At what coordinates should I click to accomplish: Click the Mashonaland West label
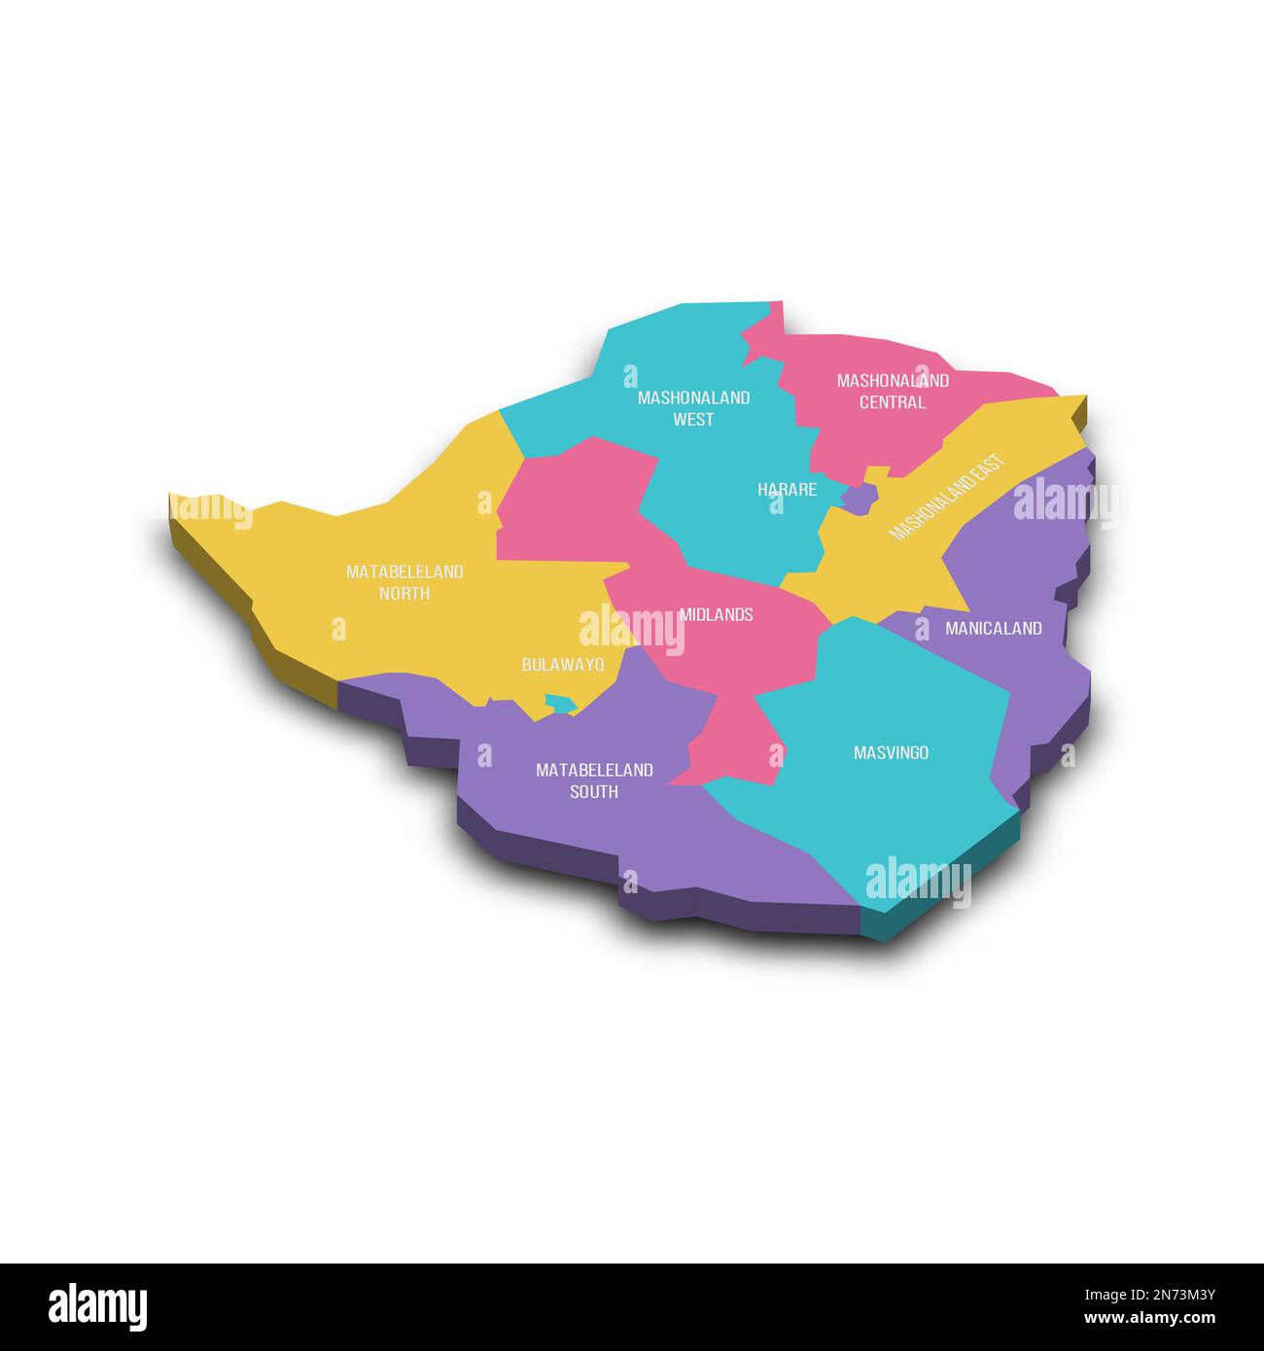coord(693,408)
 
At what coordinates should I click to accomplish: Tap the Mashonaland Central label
coord(893,391)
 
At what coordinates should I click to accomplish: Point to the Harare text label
coord(787,490)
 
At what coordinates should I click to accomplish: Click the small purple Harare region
coord(859,499)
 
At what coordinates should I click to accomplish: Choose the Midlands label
coord(716,614)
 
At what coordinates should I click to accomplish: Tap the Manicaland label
coord(993,629)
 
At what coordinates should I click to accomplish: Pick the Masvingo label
coord(891,752)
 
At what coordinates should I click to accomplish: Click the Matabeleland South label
coord(594,780)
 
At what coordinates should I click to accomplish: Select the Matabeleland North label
coord(404,582)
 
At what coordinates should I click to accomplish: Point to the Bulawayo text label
coord(562,665)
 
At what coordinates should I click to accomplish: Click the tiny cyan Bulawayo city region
coord(560,702)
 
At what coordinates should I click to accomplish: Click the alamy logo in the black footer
coord(98,1306)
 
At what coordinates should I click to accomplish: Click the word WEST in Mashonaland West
coord(693,420)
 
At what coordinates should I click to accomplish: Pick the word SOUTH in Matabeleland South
coord(594,792)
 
